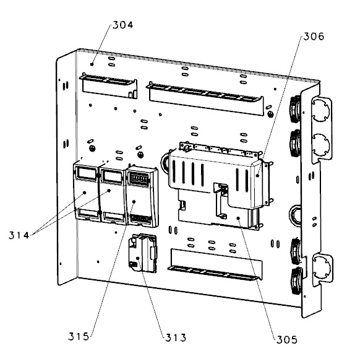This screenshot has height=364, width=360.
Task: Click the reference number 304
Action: click(x=122, y=25)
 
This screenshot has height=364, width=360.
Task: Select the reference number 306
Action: click(x=312, y=36)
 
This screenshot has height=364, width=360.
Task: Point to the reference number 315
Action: click(x=80, y=337)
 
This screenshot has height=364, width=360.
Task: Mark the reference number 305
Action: click(x=286, y=339)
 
